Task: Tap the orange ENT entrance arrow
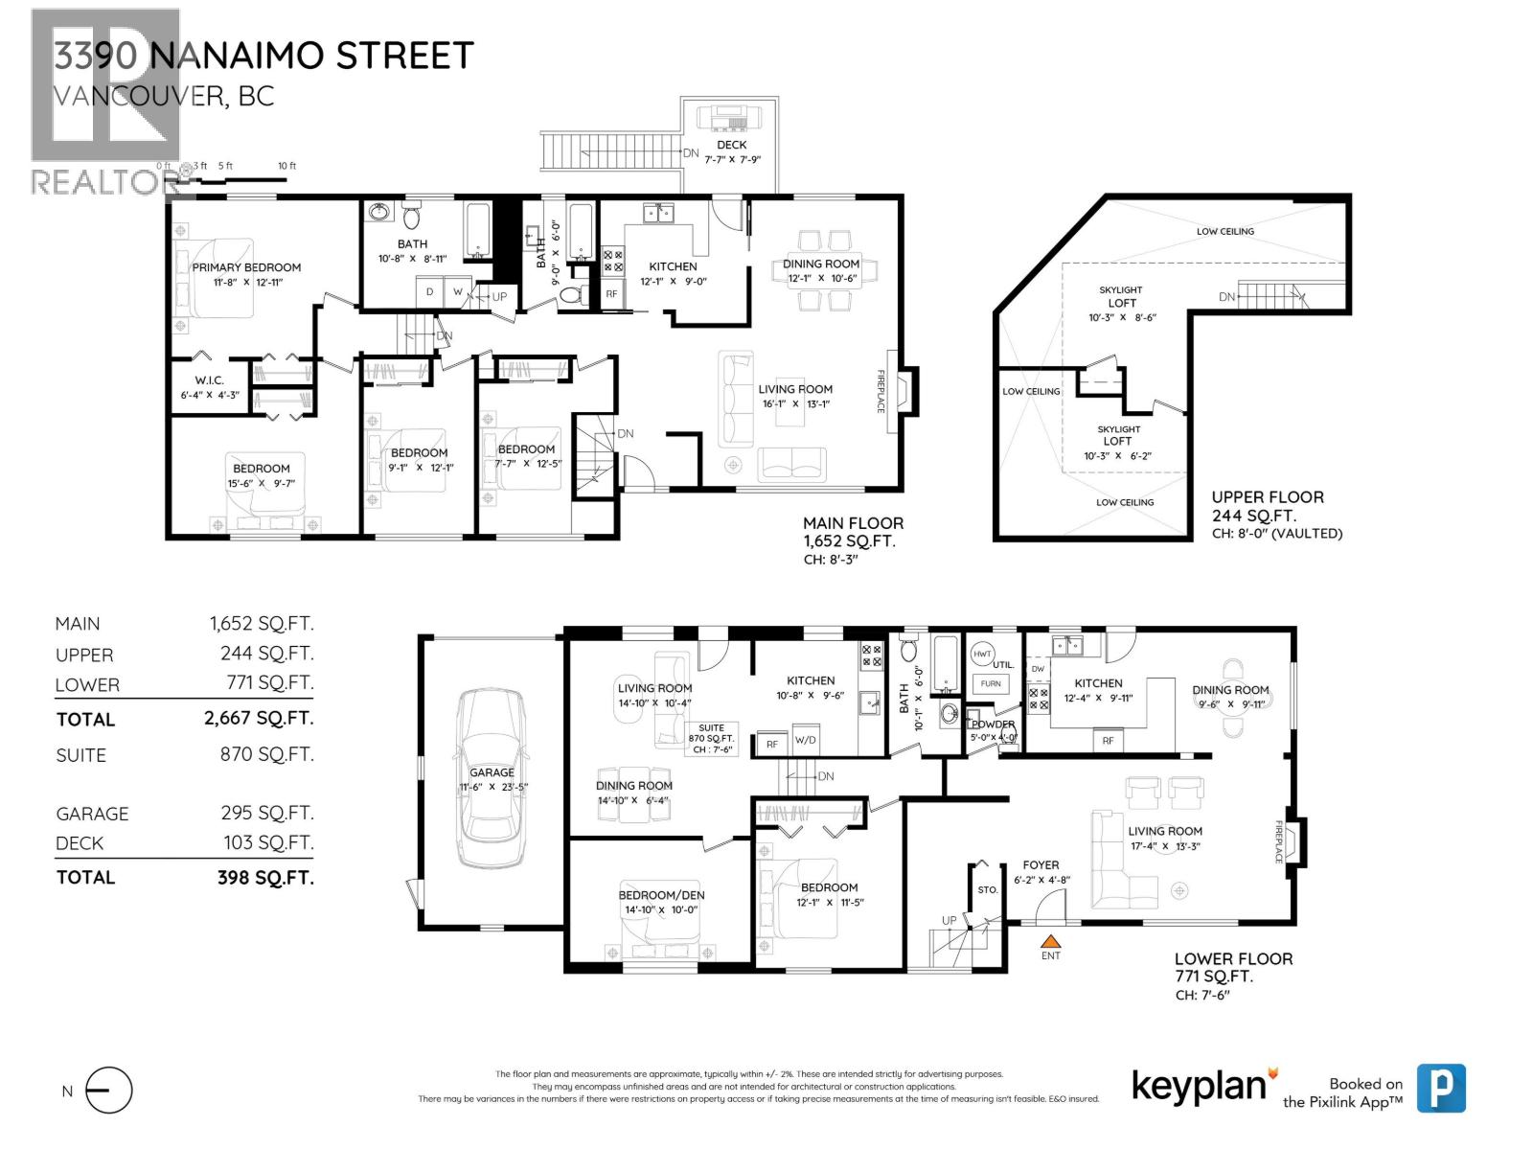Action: pos(1051,942)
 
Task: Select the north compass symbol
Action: pos(108,1091)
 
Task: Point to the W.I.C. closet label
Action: pos(208,380)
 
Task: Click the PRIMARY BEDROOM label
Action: pos(246,267)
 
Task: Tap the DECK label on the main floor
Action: pos(731,145)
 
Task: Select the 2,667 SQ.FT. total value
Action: pos(259,718)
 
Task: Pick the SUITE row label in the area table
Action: pos(81,755)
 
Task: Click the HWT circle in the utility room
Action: pos(982,654)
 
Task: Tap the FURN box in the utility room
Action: pos(991,683)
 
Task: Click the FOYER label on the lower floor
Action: pos(1041,864)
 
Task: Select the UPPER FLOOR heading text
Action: pos(1267,496)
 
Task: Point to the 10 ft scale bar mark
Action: pos(286,167)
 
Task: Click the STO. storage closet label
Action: pos(987,889)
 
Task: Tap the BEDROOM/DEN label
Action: pos(661,895)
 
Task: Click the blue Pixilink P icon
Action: pos(1441,1088)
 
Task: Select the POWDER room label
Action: pos(992,724)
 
